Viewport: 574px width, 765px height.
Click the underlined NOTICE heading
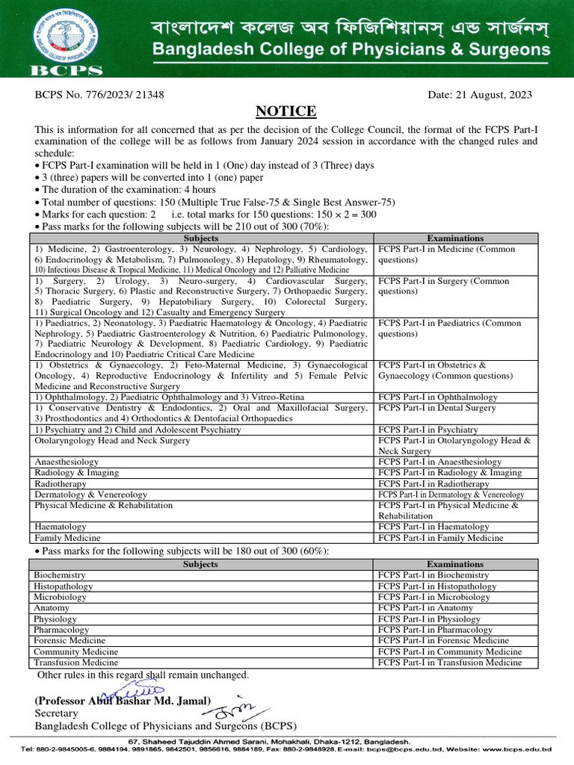tap(286, 111)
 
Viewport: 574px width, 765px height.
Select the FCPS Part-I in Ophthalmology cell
tap(437, 397)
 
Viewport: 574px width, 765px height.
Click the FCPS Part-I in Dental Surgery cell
tap(436, 408)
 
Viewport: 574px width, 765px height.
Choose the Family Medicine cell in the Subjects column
tap(67, 538)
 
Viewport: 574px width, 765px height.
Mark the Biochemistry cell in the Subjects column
tap(60, 575)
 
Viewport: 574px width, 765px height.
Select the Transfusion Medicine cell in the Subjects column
tap(76, 663)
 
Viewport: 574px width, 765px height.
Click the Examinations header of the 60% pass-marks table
tap(455, 564)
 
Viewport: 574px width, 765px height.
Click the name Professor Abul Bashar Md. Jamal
tap(123, 701)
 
